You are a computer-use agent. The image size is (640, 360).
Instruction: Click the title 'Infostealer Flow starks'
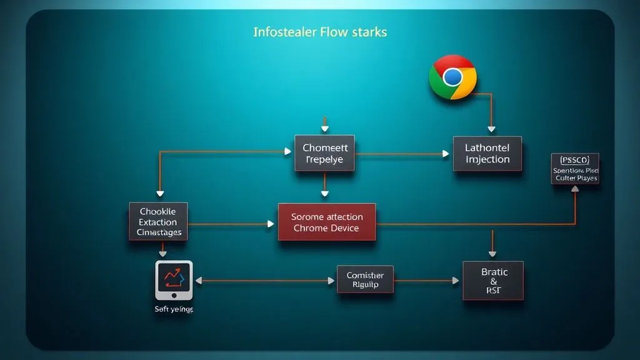320,31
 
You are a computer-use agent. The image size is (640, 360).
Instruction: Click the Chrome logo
453,77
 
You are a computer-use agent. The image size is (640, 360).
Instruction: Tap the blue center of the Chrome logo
452,77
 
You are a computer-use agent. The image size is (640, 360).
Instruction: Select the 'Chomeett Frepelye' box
324,153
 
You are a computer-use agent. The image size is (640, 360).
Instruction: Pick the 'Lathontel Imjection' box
487,153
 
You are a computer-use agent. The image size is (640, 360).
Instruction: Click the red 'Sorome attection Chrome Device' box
326,222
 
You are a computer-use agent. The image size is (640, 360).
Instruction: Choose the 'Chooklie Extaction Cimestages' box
159,222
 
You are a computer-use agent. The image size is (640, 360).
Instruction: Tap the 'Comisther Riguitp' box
365,280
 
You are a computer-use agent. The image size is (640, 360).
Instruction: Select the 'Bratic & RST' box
493,281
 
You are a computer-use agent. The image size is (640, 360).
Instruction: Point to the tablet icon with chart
174,280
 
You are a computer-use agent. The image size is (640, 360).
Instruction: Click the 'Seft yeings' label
174,309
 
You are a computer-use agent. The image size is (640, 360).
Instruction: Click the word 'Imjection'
487,159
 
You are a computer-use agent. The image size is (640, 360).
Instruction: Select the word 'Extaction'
158,222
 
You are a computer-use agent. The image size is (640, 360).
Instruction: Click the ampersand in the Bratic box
494,281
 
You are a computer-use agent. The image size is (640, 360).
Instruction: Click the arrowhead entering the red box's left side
271,223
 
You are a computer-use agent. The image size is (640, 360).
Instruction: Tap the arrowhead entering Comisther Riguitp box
331,281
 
